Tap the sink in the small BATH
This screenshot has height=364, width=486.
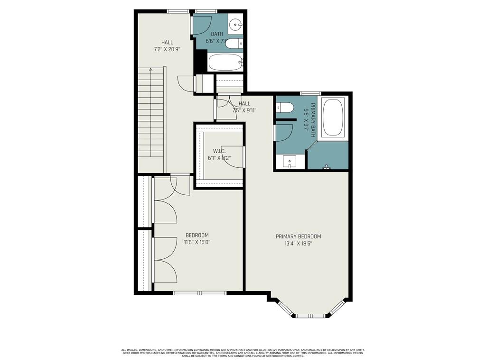click(235, 23)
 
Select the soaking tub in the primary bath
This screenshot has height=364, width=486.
click(334, 118)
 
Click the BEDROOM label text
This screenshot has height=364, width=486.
click(196, 235)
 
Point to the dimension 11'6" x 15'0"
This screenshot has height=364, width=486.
click(196, 242)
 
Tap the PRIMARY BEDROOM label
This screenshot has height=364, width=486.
click(298, 237)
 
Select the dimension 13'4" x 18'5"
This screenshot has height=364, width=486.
click(298, 244)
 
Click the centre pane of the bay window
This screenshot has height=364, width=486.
click(311, 315)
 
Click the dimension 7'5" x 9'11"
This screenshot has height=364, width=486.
click(244, 111)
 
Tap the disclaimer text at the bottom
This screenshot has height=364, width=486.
click(243, 353)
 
